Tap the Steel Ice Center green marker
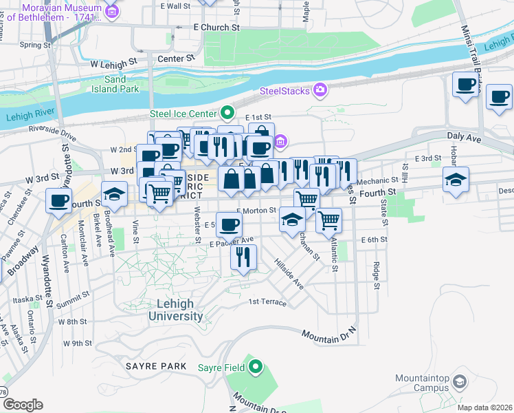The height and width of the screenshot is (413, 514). [x=227, y=112]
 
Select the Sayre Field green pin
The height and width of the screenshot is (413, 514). [x=256, y=367]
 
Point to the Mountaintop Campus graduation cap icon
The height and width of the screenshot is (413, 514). [x=460, y=381]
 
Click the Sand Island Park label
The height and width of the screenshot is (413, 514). [x=116, y=84]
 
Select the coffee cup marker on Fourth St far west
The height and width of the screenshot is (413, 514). [x=60, y=200]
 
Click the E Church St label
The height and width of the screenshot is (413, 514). [x=216, y=28]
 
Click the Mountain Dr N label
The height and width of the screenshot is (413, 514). [x=330, y=332]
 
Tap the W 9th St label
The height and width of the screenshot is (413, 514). [x=77, y=343]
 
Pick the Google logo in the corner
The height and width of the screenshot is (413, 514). [x=23, y=404]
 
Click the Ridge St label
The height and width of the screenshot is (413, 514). [x=377, y=274]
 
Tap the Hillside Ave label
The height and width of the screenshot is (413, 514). [x=289, y=273]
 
